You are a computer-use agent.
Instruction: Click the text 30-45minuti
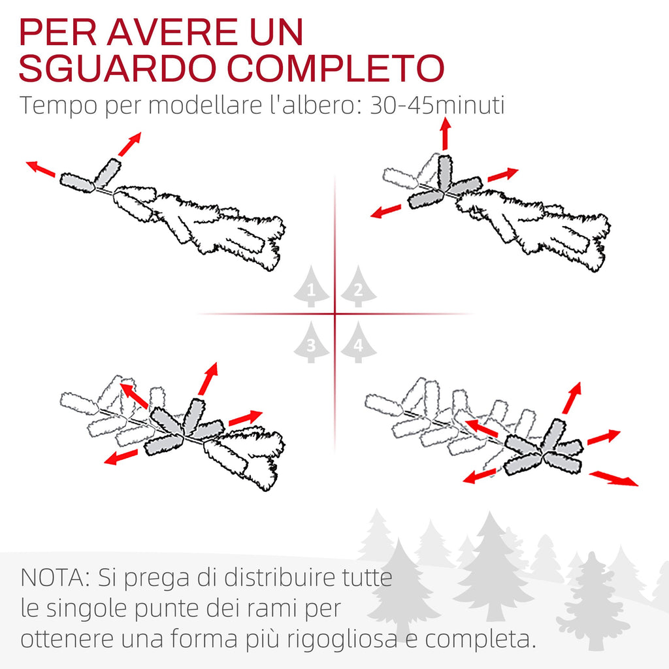437,105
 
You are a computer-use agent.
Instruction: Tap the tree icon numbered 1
312,286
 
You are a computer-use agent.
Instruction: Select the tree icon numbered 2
359,286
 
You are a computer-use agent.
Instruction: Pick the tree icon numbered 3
312,342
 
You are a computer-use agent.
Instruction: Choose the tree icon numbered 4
359,342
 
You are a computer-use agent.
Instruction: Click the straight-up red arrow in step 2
446,134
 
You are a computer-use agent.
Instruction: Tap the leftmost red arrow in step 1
41,169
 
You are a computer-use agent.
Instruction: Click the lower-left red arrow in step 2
385,211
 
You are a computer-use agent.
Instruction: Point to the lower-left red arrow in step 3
121,457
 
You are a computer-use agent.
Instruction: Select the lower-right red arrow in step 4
613,478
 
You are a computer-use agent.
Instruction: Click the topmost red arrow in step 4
572,398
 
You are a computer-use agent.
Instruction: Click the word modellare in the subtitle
204,105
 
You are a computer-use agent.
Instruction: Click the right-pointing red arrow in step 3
246,418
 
